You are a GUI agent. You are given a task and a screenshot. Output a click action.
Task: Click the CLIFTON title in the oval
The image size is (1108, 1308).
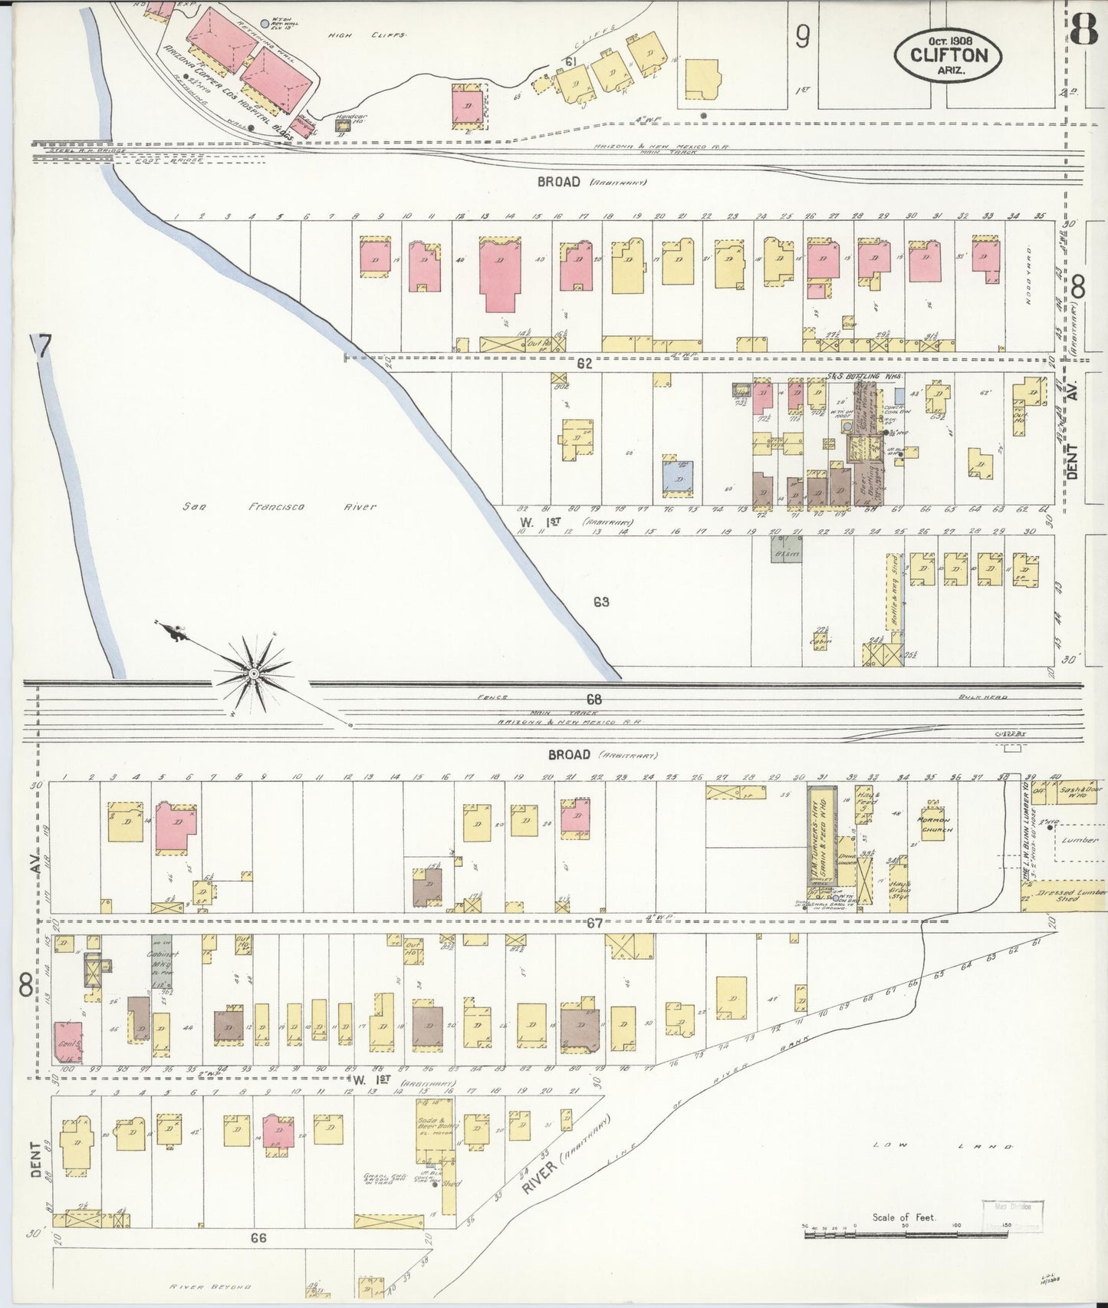[948, 55]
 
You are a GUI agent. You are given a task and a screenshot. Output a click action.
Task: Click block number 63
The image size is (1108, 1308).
[601, 602]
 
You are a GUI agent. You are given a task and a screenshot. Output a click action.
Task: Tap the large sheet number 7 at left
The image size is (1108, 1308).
[42, 348]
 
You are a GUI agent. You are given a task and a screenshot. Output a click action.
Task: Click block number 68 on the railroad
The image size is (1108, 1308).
[593, 699]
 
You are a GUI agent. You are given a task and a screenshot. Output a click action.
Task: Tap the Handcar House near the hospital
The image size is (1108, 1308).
[342, 124]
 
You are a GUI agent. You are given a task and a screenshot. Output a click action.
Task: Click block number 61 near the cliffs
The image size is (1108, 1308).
[570, 61]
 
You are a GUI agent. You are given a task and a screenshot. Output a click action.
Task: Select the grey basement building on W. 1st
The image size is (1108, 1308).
[786, 550]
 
